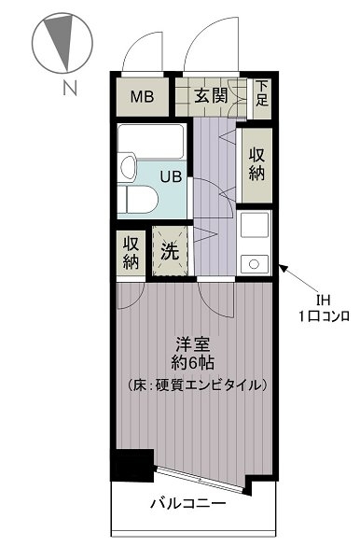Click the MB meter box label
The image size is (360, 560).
142,97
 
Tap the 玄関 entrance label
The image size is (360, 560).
211,95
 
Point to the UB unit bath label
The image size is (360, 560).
171,176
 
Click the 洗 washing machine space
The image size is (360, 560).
170,251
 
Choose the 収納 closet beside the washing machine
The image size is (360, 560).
131,253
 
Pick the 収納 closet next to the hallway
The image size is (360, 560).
256,164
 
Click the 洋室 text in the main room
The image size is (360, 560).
193,344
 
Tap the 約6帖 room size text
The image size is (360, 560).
193,363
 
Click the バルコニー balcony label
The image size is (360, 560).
188,504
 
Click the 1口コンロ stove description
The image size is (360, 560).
324,316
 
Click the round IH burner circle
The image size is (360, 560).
254,264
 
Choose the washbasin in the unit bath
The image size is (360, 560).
128,166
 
